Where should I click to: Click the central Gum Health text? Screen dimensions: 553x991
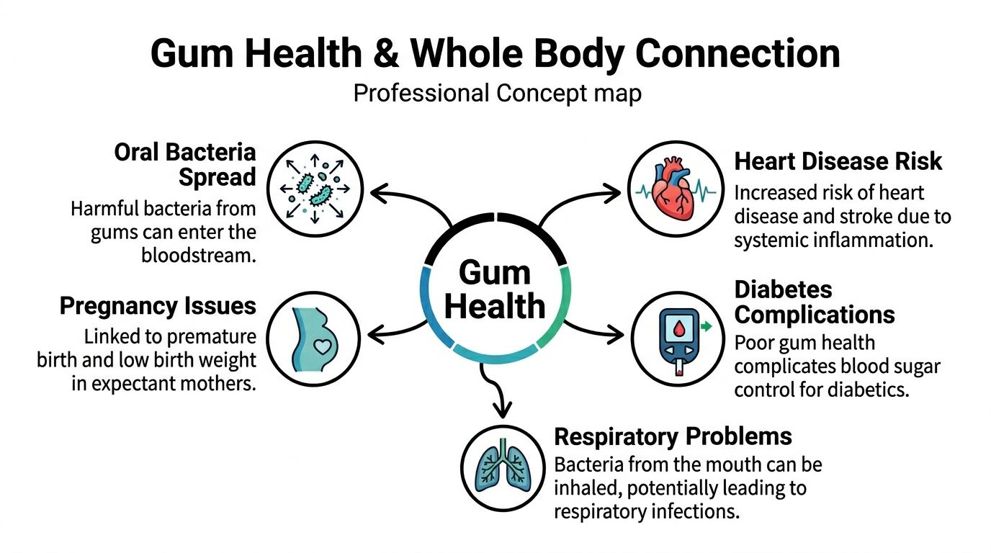(x=495, y=290)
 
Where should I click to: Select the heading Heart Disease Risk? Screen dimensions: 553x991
(x=838, y=161)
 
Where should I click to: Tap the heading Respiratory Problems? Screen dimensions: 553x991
(x=673, y=436)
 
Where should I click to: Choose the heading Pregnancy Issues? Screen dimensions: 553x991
(x=158, y=306)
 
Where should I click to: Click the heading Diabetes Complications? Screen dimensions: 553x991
(x=814, y=302)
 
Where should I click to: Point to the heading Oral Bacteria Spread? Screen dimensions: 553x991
(x=185, y=164)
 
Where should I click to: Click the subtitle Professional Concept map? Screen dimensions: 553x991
(x=496, y=94)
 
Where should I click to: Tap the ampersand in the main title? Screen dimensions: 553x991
(x=390, y=55)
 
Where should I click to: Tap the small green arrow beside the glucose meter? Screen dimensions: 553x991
(x=706, y=327)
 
